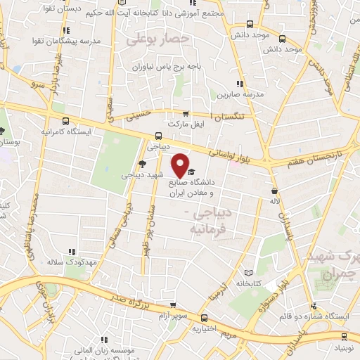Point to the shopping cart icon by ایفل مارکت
point(186,114)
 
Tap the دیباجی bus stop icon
point(158,136)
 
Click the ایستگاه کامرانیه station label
point(44,131)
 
